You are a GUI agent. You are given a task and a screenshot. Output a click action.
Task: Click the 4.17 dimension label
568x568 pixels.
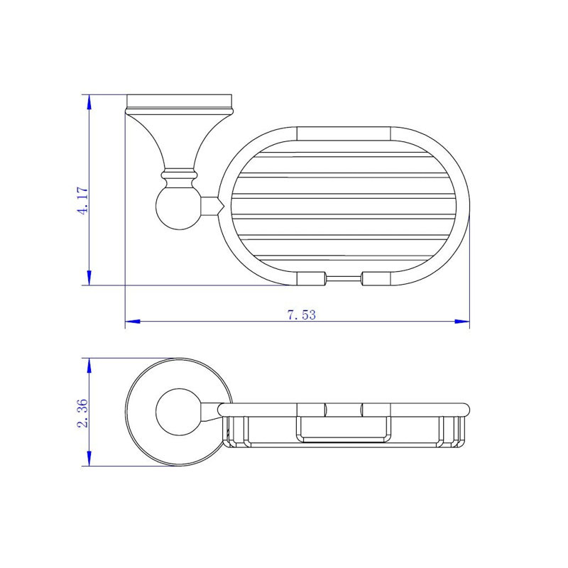(83, 201)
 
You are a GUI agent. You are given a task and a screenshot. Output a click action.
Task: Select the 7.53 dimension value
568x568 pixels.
(301, 315)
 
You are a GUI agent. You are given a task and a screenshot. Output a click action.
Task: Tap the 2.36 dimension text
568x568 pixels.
(83, 413)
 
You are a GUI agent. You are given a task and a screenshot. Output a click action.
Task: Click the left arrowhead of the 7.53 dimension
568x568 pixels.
(133, 322)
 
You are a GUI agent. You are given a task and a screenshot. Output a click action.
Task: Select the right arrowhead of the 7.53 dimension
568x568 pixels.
(462, 322)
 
